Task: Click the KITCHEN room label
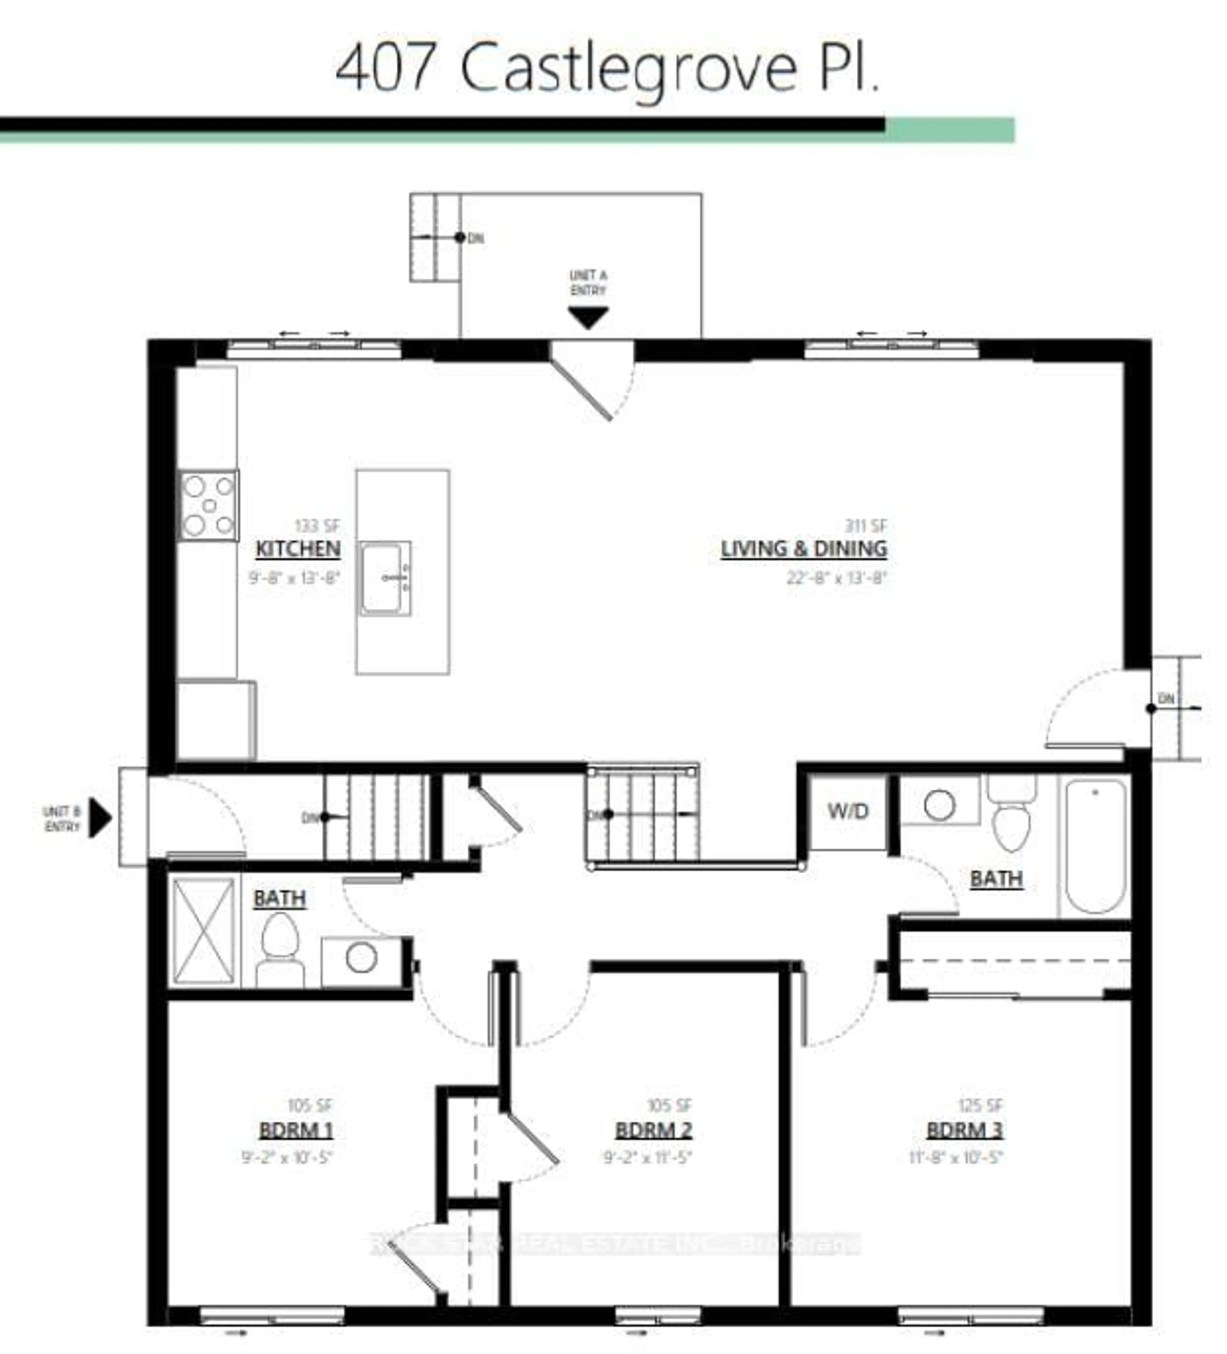[x=298, y=549]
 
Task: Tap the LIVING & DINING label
[x=804, y=549]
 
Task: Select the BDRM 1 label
[x=296, y=1130]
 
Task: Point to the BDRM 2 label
[x=653, y=1130]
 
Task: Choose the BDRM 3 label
[x=964, y=1130]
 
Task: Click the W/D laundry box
[x=847, y=811]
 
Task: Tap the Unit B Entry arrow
[x=101, y=818]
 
